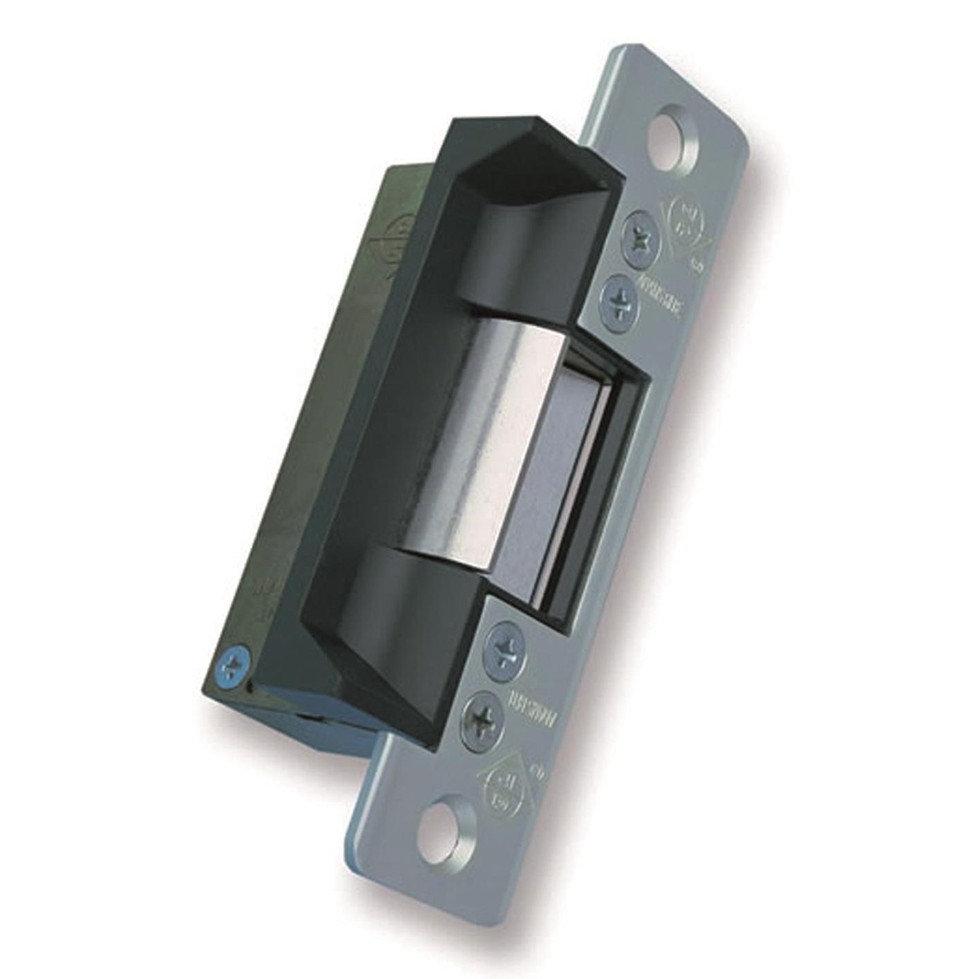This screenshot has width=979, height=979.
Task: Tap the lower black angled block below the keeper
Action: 428,594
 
